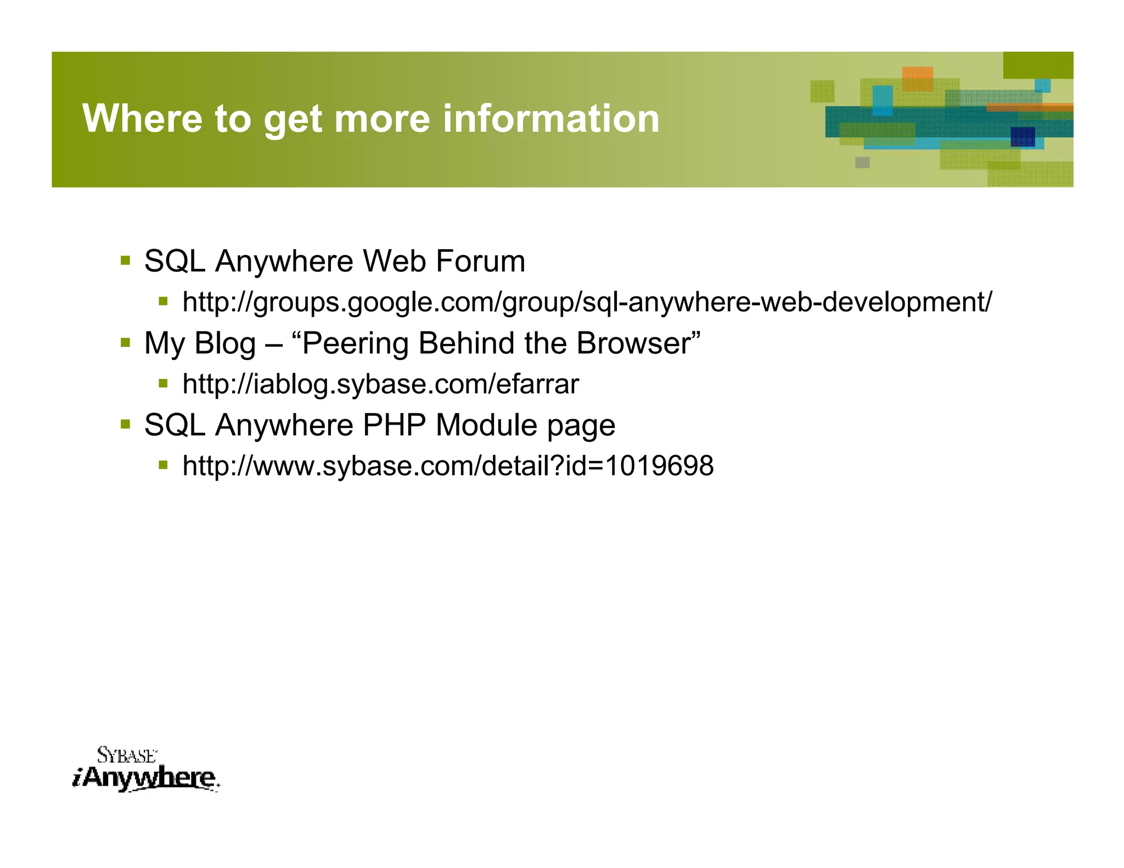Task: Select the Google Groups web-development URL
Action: [x=587, y=302]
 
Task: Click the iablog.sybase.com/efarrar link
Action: [x=381, y=384]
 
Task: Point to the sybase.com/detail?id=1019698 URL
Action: [x=448, y=466]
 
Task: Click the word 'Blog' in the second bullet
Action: [x=225, y=343]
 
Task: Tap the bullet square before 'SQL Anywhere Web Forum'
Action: [x=126, y=260]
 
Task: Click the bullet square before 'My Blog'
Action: [x=126, y=342]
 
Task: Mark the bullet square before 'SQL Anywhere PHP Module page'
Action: [x=126, y=424]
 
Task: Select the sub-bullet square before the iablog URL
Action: [x=163, y=383]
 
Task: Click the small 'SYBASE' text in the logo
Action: [x=127, y=756]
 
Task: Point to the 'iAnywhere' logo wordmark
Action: [x=145, y=778]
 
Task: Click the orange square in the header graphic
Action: [x=917, y=78]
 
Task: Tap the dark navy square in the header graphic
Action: [x=1022, y=137]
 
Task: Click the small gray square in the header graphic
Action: [x=862, y=162]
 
